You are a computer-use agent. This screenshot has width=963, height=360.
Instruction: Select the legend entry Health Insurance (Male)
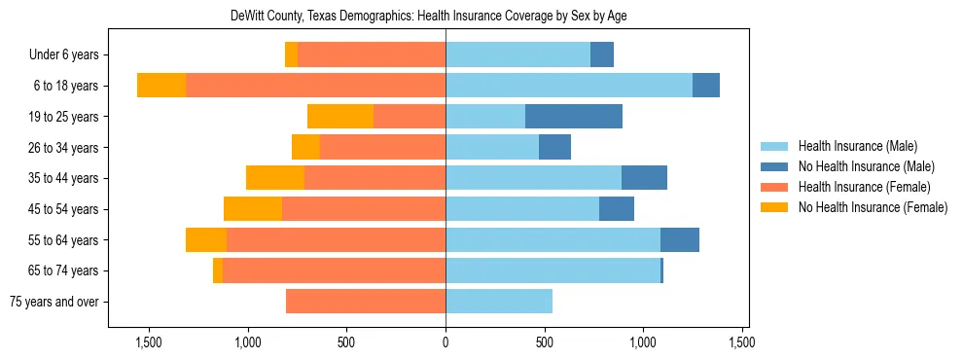tap(856, 146)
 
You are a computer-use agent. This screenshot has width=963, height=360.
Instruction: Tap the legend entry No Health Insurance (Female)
tap(873, 207)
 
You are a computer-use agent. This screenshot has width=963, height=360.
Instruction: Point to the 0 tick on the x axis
tap(446, 342)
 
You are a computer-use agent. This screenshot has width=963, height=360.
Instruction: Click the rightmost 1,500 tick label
tap(742, 342)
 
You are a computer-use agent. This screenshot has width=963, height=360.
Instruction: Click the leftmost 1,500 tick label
tap(149, 342)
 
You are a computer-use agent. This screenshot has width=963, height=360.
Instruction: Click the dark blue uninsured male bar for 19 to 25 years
tap(574, 117)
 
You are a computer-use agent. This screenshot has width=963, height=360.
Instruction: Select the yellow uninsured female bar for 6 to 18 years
tap(161, 86)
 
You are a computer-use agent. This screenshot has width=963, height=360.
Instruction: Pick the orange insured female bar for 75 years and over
tap(366, 302)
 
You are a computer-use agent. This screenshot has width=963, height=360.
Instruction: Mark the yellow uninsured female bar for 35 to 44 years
tap(275, 178)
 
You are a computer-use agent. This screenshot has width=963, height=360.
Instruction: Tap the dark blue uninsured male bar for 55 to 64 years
tap(680, 239)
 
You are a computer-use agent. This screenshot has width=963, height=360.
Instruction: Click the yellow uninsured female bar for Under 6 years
tap(291, 55)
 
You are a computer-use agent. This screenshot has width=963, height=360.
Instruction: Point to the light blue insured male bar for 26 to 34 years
tap(492, 148)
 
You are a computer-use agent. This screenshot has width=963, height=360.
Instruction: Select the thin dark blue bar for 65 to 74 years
tap(661, 270)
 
